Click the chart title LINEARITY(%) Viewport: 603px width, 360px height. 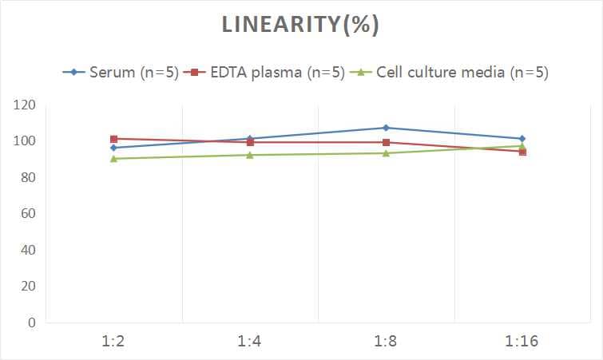tap(300, 25)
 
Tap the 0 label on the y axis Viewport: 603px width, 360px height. tap(31, 322)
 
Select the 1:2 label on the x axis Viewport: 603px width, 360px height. tap(114, 342)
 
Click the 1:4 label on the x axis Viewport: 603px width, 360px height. tap(250, 342)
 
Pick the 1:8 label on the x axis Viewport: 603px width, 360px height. tap(386, 342)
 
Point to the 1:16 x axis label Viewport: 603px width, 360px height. tap(522, 342)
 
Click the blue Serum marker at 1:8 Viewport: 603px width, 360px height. tap(386, 128)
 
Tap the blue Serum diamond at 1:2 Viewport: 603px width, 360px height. tap(114, 148)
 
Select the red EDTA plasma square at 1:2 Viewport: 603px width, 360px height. tap(114, 139)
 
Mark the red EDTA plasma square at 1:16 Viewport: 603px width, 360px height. tap(522, 152)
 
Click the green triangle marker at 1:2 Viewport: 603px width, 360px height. tap(114, 159)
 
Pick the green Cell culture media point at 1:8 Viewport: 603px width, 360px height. tap(386, 153)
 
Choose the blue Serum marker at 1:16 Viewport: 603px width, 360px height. tap(522, 139)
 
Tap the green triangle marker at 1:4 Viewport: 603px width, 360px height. tap(250, 155)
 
